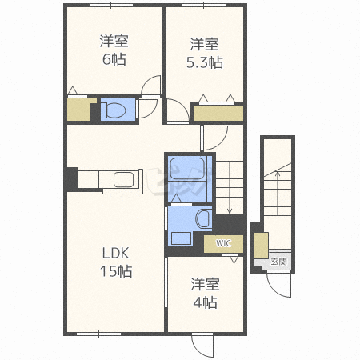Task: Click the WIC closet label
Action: (223, 243)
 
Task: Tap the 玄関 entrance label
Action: (278, 262)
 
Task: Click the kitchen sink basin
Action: (123, 179)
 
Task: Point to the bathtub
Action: (187, 169)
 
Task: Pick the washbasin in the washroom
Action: (203, 218)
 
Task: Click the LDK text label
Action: (116, 253)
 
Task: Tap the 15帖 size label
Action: (116, 271)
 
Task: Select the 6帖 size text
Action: (114, 59)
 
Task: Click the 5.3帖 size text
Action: (205, 62)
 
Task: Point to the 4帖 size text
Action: (205, 302)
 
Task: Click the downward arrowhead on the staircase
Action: (230, 211)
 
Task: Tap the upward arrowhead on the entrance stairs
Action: (278, 174)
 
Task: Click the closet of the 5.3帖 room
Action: (218, 114)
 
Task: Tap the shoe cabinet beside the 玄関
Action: (261, 246)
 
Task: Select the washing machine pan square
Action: (182, 238)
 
